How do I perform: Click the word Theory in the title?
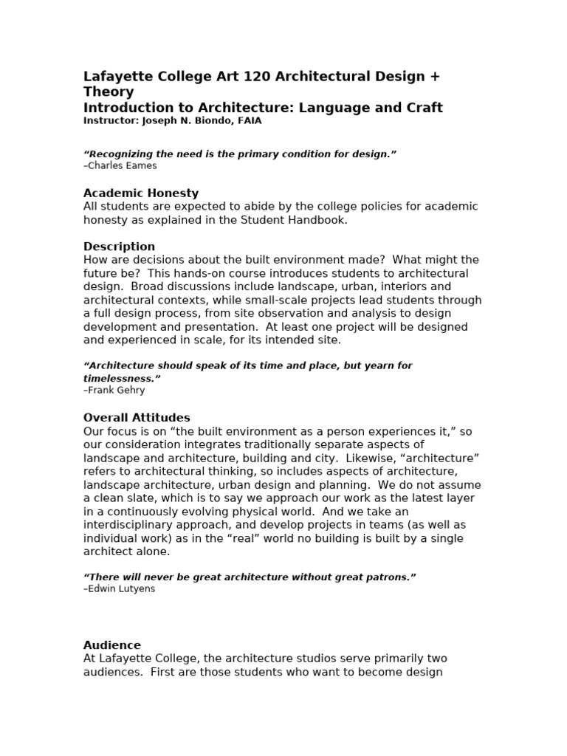(x=109, y=92)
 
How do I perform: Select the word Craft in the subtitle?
(x=424, y=108)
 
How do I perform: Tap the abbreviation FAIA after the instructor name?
(x=248, y=120)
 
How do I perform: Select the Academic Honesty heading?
(x=141, y=193)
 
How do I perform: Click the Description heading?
(x=119, y=246)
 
